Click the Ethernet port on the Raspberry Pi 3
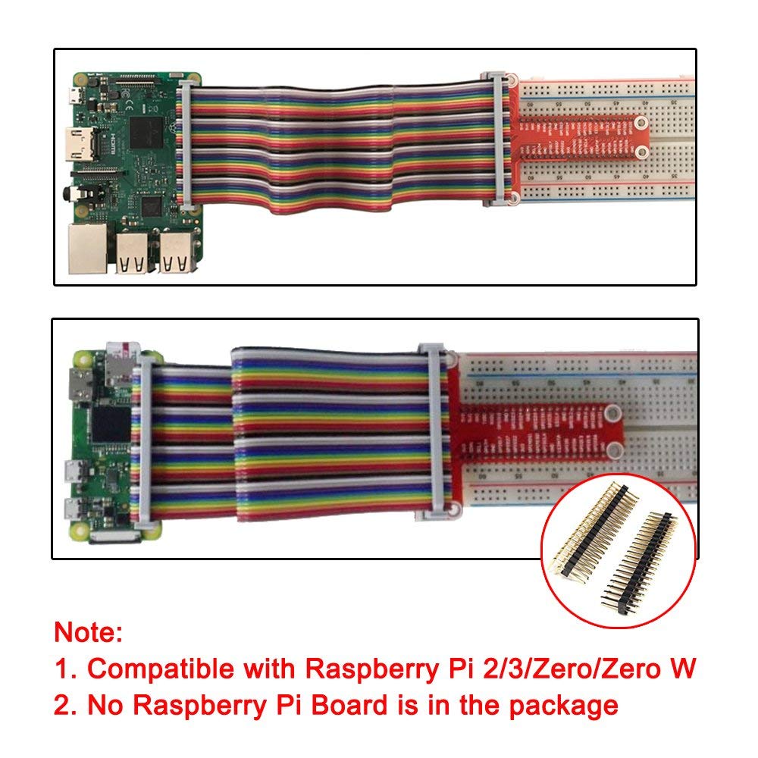coord(86,247)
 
